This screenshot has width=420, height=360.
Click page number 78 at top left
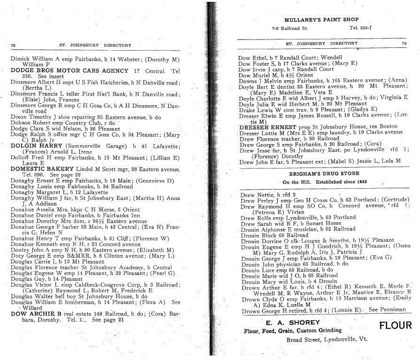13,46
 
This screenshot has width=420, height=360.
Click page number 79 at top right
404,43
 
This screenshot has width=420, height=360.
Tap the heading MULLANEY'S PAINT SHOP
321,20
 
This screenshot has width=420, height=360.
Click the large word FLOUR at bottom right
395,325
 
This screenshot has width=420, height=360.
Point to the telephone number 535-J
363,28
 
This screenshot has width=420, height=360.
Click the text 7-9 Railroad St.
290,28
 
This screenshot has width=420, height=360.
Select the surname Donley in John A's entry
19,250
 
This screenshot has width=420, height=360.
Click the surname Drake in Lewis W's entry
247,109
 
